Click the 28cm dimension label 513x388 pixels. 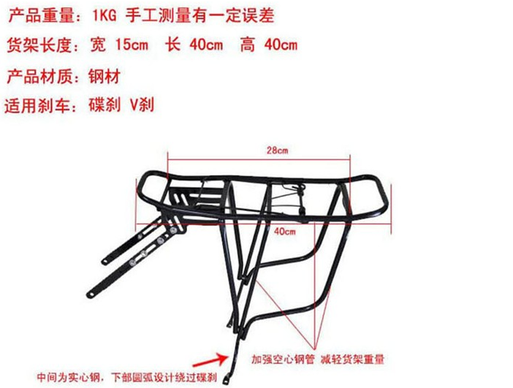pyautogui.click(x=278, y=151)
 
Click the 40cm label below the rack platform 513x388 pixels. pyautogui.click(x=285, y=232)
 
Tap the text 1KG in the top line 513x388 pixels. pyautogui.click(x=104, y=15)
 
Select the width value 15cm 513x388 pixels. pyautogui.click(x=132, y=45)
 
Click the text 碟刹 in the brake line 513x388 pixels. pyautogui.click(x=104, y=105)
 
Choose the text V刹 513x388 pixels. pyautogui.click(x=142, y=105)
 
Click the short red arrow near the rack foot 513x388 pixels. pyautogui.click(x=211, y=361)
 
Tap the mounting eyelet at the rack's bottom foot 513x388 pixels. pyautogui.click(x=227, y=381)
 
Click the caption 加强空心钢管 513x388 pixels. pyautogui.click(x=283, y=360)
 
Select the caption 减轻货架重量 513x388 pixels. pyautogui.click(x=352, y=360)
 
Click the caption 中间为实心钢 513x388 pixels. pyautogui.click(x=68, y=377)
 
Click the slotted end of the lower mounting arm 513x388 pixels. pyautogui.click(x=91, y=294)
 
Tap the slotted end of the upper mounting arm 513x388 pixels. pyautogui.click(x=106, y=262)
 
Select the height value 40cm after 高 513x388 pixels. pyautogui.click(x=281, y=45)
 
